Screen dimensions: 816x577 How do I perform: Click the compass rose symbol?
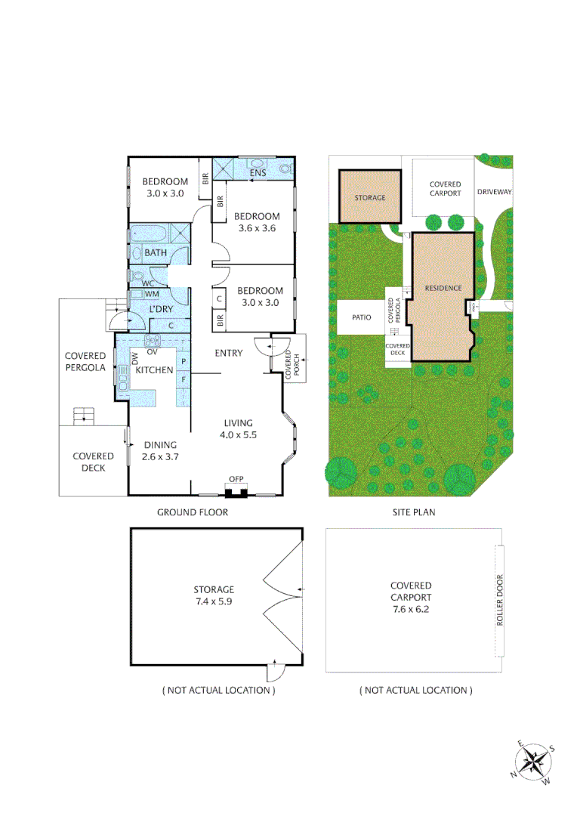[x=535, y=761]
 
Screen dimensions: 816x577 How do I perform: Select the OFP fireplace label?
[x=236, y=478]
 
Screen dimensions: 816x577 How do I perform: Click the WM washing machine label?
[x=151, y=294]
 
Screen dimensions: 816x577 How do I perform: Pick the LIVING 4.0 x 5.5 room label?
[x=238, y=428]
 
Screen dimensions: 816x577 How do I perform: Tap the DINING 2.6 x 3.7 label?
[x=159, y=450]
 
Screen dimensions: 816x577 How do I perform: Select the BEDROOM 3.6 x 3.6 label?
[x=257, y=222]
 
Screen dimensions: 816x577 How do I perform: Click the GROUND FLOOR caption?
[x=193, y=512]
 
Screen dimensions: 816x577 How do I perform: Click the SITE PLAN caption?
[x=413, y=512]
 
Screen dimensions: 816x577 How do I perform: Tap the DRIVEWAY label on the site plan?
[x=495, y=192]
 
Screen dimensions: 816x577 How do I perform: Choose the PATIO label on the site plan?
[x=361, y=318]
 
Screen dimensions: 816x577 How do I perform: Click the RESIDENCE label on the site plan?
[x=443, y=288]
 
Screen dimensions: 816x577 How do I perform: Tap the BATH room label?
[x=156, y=253]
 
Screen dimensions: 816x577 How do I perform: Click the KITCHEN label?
[x=155, y=369]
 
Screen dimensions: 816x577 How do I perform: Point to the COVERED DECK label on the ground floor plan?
[x=94, y=462]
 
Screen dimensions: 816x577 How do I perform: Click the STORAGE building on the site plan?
[x=370, y=197]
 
